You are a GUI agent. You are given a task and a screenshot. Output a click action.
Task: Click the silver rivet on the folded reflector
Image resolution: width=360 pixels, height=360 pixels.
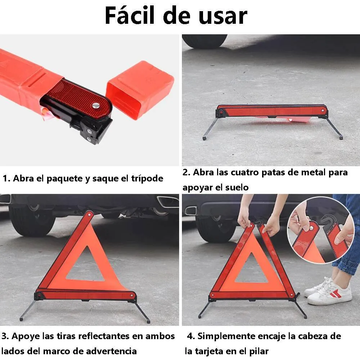[96, 105]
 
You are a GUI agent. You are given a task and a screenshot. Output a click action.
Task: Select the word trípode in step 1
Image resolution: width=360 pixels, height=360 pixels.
[148, 179]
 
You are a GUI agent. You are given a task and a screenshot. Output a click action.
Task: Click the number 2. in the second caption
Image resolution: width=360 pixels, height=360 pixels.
[186, 172]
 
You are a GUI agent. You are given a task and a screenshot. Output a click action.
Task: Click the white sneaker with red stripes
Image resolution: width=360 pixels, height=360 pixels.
[330, 292]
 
